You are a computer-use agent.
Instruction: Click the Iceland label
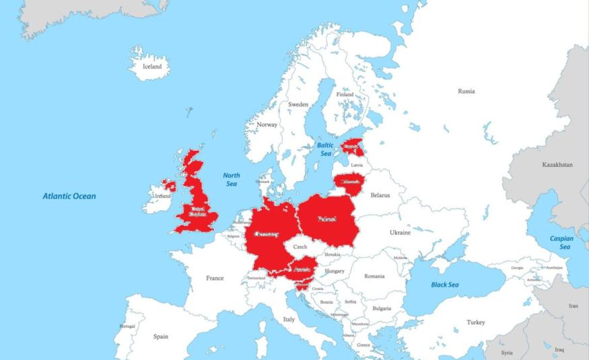click(153, 67)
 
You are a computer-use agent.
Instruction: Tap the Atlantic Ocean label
click(69, 196)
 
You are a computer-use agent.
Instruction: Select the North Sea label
click(232, 180)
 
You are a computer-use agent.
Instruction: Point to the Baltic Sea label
click(325, 149)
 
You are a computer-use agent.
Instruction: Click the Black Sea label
click(445, 285)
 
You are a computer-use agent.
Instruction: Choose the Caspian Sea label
click(561, 242)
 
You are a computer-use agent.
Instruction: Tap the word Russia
click(466, 91)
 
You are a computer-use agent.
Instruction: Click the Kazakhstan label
click(557, 164)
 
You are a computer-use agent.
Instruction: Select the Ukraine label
click(400, 232)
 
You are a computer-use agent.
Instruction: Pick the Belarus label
click(380, 195)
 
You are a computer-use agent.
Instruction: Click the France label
click(215, 277)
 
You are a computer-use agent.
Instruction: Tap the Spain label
click(161, 336)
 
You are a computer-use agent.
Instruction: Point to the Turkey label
click(475, 322)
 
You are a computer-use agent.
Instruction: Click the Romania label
click(374, 276)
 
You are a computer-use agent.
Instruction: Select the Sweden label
click(298, 104)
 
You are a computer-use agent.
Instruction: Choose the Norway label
click(267, 124)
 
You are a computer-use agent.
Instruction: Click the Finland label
click(345, 95)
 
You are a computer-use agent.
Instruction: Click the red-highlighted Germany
click(267, 235)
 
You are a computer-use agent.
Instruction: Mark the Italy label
click(289, 319)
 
